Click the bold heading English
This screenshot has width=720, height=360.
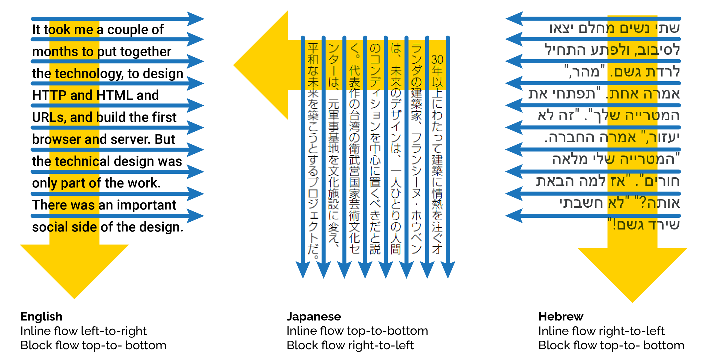[x=41, y=317]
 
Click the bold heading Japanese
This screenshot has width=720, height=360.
[x=313, y=317]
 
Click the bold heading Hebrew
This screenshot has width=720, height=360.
[x=561, y=317]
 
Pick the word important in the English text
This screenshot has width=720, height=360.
[x=146, y=205]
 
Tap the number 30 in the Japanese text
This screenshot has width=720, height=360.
[x=437, y=59]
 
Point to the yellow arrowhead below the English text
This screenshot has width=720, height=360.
[x=74, y=268]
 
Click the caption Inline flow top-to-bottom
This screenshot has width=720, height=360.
[x=357, y=331]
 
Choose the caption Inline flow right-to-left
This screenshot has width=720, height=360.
[x=601, y=331]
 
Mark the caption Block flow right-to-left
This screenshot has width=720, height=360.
[x=350, y=345]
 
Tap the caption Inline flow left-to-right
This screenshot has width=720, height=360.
[x=83, y=331]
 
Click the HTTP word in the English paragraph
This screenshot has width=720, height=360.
[x=49, y=95]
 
